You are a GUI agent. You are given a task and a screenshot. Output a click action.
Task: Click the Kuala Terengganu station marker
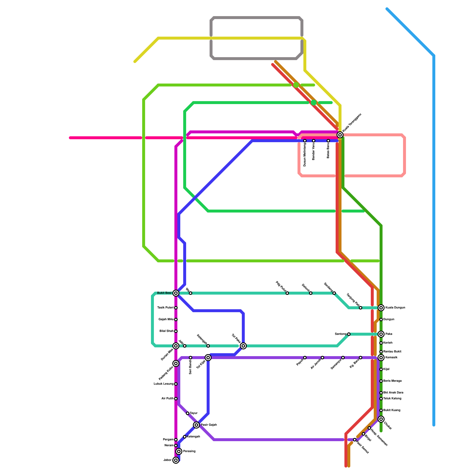pos(340,135)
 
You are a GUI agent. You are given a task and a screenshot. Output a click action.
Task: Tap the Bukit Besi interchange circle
pos(176,293)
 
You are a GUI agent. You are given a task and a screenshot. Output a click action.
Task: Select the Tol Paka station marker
pos(243,346)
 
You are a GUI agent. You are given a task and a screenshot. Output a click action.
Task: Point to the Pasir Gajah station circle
pos(196,425)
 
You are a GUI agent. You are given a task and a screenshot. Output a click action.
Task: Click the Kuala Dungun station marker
pos(381,308)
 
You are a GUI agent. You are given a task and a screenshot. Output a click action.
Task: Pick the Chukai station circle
pos(381,419)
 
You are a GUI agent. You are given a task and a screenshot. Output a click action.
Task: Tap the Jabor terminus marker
pos(176,460)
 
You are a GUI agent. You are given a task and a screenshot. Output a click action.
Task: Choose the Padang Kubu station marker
pos(176,363)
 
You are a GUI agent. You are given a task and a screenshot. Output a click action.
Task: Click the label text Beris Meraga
pos(392,381)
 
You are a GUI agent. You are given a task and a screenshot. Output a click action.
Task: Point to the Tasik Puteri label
pos(165,308)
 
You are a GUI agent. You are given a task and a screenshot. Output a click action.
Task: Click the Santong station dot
pos(349,334)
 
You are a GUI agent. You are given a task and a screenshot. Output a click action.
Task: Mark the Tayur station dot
pos(188,413)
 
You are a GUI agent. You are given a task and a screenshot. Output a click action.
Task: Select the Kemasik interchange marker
pos(381,358)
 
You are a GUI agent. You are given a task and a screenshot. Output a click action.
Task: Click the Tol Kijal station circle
pos(208,358)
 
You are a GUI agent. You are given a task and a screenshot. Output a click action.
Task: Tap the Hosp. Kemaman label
pos(379,438)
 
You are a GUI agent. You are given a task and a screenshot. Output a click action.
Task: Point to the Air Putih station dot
pos(176,399)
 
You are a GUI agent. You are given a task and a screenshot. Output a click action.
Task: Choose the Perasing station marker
pos(179,451)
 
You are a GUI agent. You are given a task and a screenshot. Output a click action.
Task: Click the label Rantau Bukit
pos(392,352)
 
